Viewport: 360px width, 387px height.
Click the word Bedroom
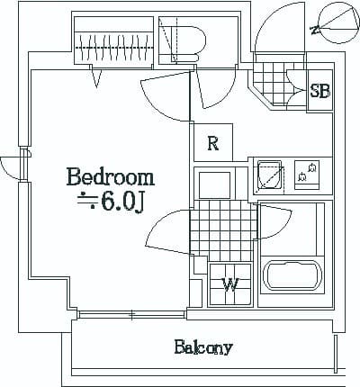110,175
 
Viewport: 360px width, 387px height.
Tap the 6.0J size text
122,202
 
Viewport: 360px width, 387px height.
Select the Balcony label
203,346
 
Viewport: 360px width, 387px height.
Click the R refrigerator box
213,142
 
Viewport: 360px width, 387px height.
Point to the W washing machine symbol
229,285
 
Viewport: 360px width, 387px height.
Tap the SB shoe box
319,91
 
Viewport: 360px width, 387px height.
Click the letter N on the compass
314,30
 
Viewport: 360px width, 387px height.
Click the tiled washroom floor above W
220,225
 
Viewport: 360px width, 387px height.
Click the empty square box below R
215,183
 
